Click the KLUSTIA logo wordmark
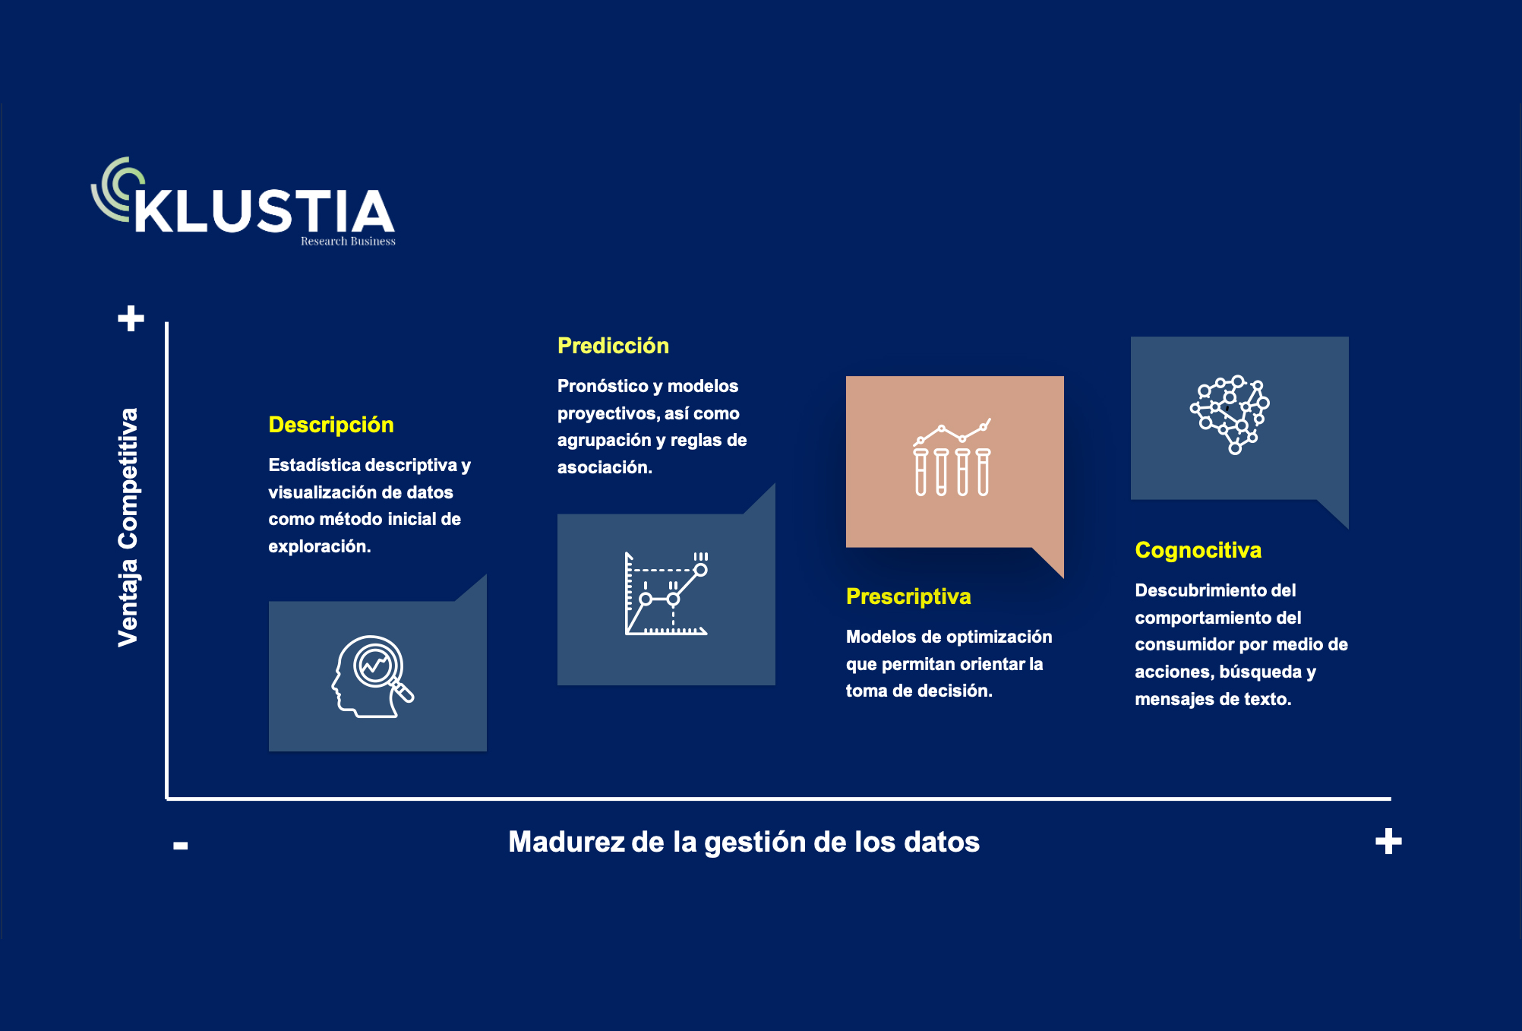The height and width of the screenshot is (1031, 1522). click(x=264, y=210)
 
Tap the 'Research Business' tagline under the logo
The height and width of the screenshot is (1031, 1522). click(x=348, y=241)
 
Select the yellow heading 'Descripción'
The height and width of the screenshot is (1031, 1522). click(x=331, y=425)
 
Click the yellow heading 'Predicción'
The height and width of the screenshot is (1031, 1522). click(x=613, y=346)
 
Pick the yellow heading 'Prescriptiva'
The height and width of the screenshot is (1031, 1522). click(x=908, y=596)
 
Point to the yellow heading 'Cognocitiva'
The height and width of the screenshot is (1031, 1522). click(x=1198, y=550)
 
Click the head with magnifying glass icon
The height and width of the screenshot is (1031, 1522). click(x=373, y=676)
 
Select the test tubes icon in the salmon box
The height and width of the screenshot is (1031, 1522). click(x=952, y=457)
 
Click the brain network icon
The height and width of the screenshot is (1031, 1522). click(x=1230, y=414)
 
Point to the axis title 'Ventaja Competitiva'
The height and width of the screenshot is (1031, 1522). click(x=128, y=527)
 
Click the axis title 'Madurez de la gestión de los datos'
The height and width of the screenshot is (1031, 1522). click(x=744, y=842)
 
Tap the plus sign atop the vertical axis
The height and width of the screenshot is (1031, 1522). click(x=131, y=318)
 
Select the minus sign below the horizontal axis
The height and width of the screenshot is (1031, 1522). click(x=181, y=845)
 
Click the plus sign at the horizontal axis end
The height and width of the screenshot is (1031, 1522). click(x=1388, y=841)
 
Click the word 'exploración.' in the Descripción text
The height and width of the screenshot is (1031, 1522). click(x=319, y=546)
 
